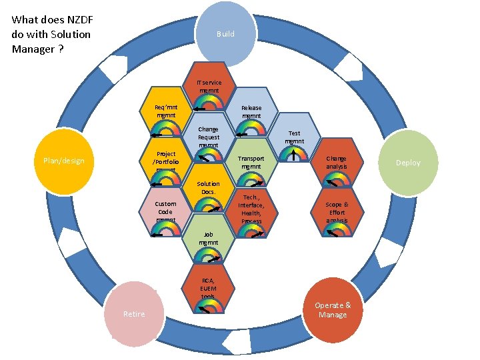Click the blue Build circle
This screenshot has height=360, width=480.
point(225,33)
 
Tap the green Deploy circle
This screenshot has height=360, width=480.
point(407,163)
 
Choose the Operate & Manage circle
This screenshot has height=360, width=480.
point(333,310)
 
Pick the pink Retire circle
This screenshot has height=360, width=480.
point(134,314)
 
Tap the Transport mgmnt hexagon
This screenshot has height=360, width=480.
point(251,164)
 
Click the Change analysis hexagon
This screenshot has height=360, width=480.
point(337,163)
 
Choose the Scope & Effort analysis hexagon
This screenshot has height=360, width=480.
point(337,211)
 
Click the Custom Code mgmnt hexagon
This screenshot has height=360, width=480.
point(165,213)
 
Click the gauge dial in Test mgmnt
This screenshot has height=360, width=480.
point(294,155)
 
